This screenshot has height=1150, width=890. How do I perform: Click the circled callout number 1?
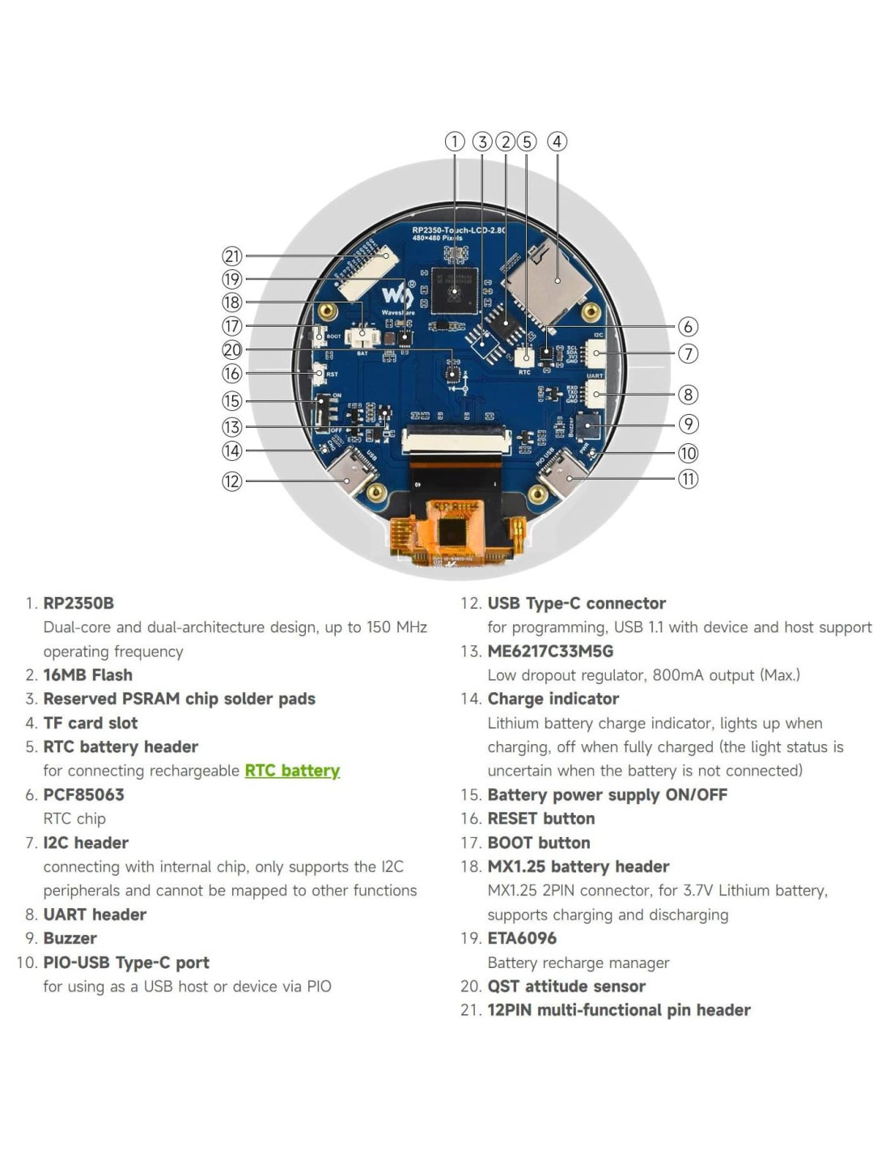tap(455, 142)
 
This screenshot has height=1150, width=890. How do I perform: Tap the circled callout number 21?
tap(232, 256)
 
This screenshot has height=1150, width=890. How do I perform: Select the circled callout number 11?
tap(688, 479)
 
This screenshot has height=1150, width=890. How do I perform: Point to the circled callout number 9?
tap(688, 424)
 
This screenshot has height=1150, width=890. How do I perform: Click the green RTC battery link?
tap(292, 771)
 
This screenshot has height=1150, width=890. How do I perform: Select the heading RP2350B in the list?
tap(78, 603)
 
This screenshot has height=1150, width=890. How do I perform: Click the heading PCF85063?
tap(83, 795)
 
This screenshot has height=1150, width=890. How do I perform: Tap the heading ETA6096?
tap(522, 938)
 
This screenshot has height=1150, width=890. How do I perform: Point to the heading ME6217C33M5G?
tap(550, 651)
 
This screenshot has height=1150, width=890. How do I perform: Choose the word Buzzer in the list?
tap(70, 938)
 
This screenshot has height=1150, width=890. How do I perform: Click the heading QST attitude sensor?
tap(566, 987)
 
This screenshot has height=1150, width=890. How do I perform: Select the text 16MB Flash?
tap(87, 675)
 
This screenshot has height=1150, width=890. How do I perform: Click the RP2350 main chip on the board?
tap(454, 290)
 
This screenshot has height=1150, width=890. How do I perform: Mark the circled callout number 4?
tap(557, 142)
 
